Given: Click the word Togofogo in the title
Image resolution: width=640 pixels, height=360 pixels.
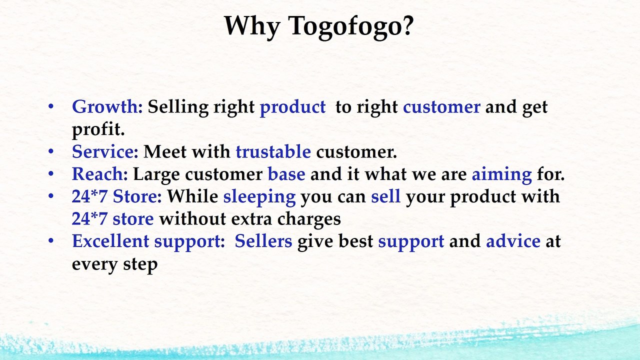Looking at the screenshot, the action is [x=351, y=26].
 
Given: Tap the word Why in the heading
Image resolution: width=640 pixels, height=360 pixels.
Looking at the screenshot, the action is [x=251, y=26].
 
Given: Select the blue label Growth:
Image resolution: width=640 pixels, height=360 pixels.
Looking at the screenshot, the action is [x=107, y=107].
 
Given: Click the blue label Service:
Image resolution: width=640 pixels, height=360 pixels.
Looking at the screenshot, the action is [x=105, y=151].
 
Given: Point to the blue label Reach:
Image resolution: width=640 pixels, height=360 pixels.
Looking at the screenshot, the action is [x=99, y=173].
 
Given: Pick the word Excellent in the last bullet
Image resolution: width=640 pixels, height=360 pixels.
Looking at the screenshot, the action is [x=110, y=241].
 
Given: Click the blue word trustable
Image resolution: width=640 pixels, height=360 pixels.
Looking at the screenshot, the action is [x=273, y=151].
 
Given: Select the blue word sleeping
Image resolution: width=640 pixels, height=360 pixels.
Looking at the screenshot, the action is [x=259, y=197].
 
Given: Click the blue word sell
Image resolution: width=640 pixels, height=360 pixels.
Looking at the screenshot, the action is [x=385, y=196].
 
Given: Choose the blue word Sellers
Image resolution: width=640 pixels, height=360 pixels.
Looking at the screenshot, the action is [x=263, y=241].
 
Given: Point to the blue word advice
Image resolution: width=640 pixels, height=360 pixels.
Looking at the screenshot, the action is [x=513, y=241].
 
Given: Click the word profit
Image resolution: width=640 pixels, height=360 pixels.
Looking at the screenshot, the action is [x=98, y=130].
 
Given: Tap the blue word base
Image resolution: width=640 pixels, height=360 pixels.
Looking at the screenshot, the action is [x=286, y=173].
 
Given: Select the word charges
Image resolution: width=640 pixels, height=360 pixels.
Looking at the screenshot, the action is [x=309, y=219].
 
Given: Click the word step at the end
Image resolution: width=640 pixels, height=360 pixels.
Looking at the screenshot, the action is [x=140, y=264].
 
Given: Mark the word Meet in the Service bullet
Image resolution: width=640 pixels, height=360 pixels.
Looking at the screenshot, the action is [x=165, y=151].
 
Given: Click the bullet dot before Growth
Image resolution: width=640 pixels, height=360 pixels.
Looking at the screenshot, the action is [x=51, y=106].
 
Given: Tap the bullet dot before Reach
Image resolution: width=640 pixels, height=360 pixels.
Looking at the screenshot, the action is [x=51, y=173].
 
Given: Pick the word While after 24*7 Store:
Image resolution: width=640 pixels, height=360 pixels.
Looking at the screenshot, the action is [x=192, y=196].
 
